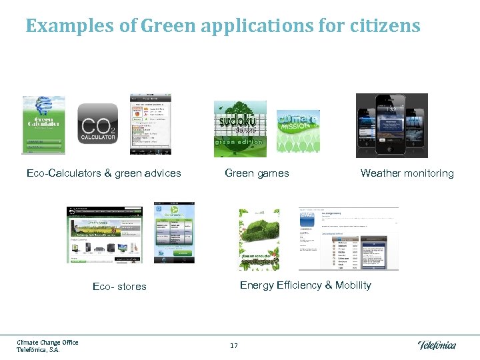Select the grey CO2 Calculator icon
(99, 123)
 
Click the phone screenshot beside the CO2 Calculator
(150, 123)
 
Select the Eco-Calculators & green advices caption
(104, 173)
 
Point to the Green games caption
(257, 173)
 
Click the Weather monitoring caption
(407, 173)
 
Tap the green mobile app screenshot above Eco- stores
(174, 233)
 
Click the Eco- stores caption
(119, 287)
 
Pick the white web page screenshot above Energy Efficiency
(349, 238)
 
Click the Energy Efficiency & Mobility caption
(305, 285)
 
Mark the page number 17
(233, 345)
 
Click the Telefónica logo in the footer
(437, 345)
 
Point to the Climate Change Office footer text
(47, 343)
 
